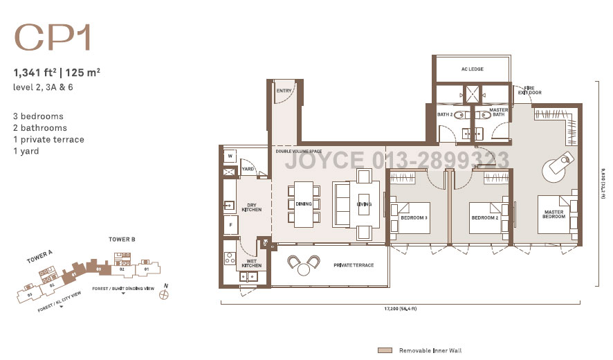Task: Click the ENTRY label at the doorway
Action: click(284, 90)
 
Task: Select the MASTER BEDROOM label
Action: click(553, 214)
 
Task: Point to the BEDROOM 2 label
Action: click(485, 218)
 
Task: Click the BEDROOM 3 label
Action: click(414, 218)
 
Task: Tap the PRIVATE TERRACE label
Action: click(354, 265)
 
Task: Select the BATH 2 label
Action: click(444, 115)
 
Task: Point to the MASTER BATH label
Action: click(499, 113)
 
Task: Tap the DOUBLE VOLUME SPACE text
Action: click(298, 151)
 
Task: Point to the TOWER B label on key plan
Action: click(122, 239)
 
